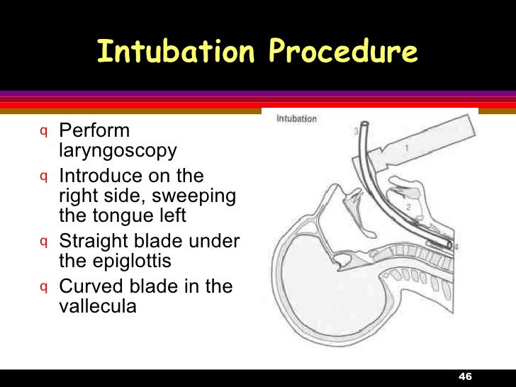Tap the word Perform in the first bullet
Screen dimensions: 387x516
(94, 131)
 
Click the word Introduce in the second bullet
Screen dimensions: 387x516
(101, 176)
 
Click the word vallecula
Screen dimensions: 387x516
(96, 306)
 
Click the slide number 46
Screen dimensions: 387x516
(466, 376)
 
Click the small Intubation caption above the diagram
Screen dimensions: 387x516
(296, 119)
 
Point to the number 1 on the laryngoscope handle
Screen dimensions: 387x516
(407, 148)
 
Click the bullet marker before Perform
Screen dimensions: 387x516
(44, 131)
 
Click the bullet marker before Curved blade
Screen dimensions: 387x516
(44, 286)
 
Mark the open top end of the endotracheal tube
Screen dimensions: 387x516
(363, 128)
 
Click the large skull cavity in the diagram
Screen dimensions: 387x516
(319, 291)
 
